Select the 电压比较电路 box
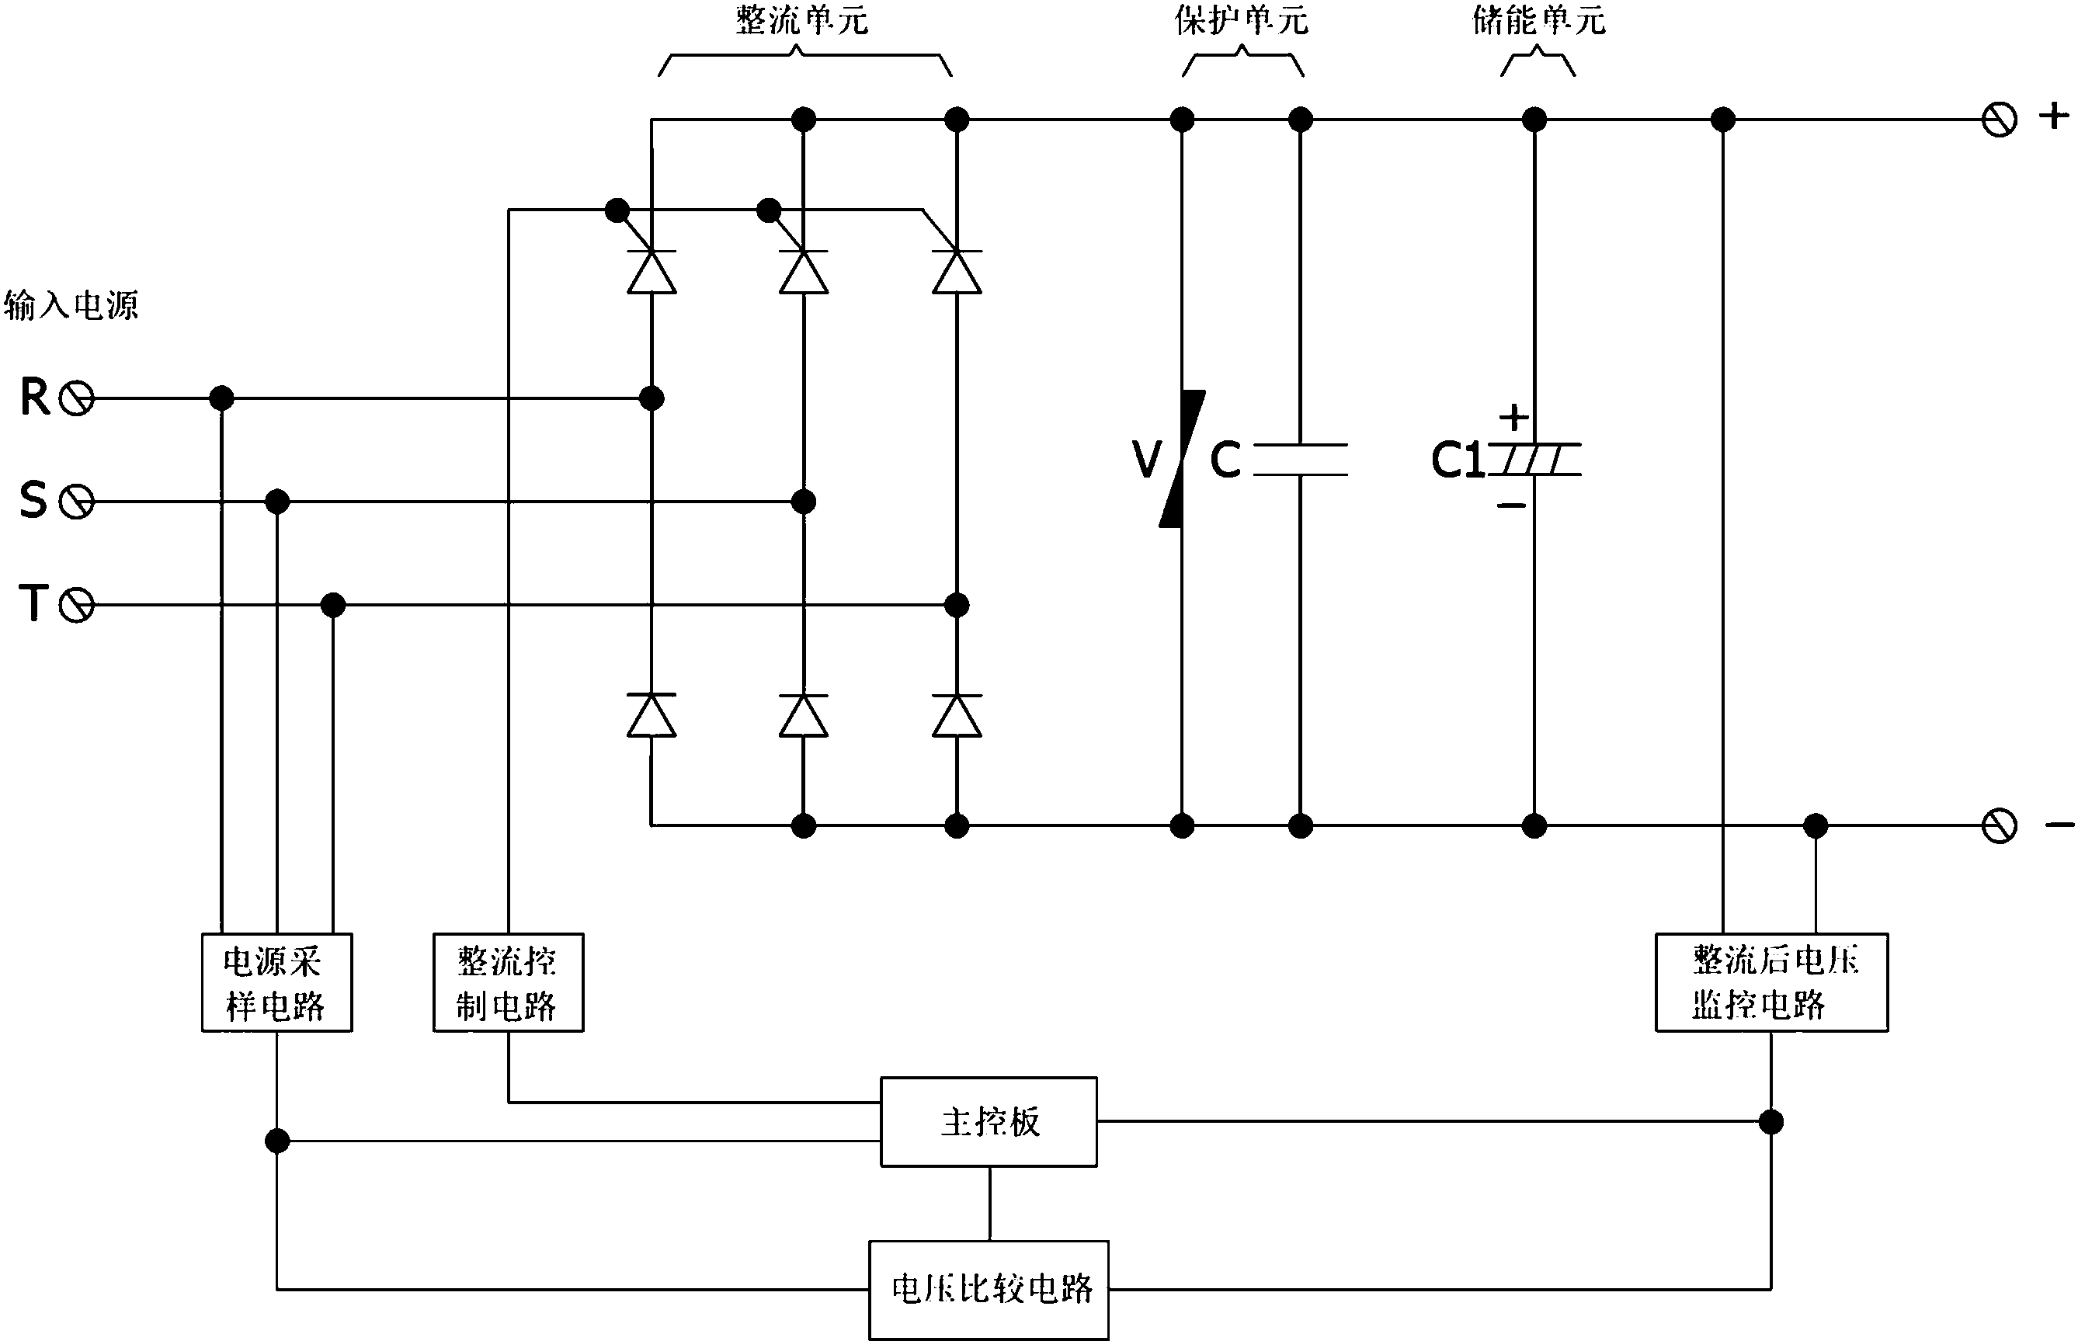tap(989, 1289)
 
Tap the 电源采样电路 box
tap(277, 983)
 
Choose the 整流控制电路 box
tap(509, 983)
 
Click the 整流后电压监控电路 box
tap(1770, 983)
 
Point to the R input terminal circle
tap(77, 399)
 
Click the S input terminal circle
tap(77, 502)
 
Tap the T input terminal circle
tap(77, 605)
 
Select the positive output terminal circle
tap(1999, 120)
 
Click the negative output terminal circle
tap(1999, 825)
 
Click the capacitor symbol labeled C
tap(1300, 460)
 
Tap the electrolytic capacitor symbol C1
tap(1534, 460)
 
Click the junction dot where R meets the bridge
tap(652, 399)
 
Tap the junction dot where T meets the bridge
tap(957, 605)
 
